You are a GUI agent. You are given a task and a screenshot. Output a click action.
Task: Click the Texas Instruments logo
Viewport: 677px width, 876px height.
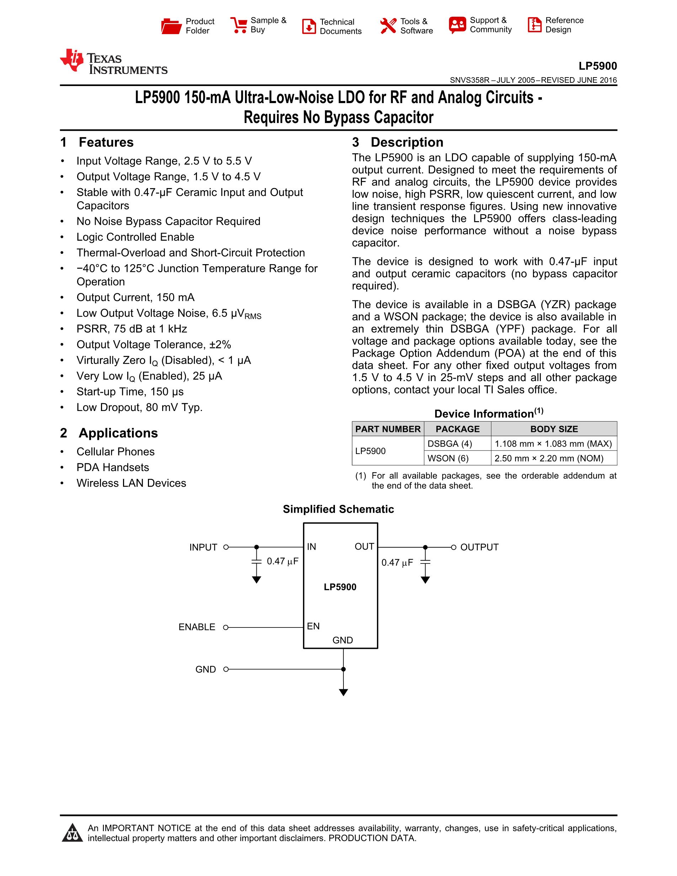[113, 63]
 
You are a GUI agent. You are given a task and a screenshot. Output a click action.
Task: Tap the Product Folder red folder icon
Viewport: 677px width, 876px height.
[171, 26]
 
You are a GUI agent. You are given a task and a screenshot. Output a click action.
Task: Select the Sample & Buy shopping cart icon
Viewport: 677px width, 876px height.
[239, 25]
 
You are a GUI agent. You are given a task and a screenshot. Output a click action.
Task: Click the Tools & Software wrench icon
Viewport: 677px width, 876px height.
[388, 26]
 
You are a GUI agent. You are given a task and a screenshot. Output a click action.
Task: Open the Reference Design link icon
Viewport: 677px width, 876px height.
[534, 25]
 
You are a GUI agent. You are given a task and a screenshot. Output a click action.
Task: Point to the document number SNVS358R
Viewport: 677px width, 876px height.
[470, 80]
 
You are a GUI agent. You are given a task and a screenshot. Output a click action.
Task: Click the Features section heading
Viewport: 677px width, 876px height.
[106, 143]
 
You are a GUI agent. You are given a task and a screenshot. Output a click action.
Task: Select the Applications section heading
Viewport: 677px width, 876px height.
[118, 433]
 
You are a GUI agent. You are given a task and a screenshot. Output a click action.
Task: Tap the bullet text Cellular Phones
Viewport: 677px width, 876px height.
[116, 452]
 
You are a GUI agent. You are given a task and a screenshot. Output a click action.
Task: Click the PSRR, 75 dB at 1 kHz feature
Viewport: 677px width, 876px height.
[132, 329]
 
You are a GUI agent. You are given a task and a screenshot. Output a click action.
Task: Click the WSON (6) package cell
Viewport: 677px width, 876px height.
[448, 459]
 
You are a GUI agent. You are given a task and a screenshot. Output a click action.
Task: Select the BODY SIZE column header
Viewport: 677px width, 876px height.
[554, 429]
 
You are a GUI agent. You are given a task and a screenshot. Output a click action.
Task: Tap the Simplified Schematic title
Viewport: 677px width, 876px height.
[338, 509]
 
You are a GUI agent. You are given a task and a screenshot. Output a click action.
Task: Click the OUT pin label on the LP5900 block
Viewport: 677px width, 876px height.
[364, 547]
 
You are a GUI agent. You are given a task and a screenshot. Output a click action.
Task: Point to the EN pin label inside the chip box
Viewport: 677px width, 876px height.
[313, 626]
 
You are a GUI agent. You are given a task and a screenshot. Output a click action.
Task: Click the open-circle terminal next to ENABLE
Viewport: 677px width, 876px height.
[226, 627]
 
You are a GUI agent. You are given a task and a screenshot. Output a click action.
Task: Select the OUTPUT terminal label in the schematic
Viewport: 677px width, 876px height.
[479, 547]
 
